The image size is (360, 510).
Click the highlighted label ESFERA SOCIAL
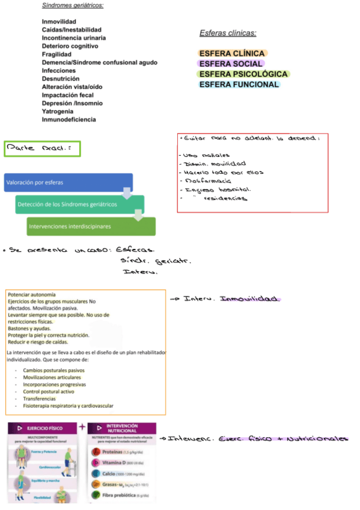231,64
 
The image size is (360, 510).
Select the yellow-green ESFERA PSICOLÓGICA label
243,74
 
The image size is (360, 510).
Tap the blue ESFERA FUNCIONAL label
239,84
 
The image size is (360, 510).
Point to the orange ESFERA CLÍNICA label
231,54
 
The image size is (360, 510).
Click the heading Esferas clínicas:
228,33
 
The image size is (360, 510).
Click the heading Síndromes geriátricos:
73,5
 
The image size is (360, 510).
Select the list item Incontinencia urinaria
74,38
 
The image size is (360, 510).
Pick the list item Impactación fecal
68,95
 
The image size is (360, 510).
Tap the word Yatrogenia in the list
58,111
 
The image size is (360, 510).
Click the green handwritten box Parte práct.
42,149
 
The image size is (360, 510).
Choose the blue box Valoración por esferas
67,182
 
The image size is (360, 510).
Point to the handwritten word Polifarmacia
207,180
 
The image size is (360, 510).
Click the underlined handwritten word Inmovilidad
250,299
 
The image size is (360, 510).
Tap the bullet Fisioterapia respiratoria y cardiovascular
68,406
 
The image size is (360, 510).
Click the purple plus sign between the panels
82,428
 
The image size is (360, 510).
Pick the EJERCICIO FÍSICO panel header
43,428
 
